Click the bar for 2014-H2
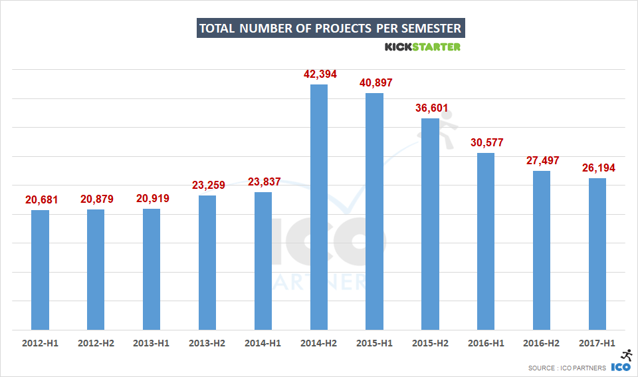(x=319, y=207)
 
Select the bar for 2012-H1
(x=40, y=269)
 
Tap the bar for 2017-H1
(x=597, y=253)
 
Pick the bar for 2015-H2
(x=430, y=223)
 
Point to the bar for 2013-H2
(x=207, y=262)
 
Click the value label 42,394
(x=319, y=74)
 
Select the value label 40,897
(x=375, y=82)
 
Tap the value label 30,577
(x=486, y=142)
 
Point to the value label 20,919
(x=152, y=198)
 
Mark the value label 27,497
(x=542, y=160)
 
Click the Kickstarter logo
(x=423, y=47)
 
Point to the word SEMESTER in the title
(x=428, y=29)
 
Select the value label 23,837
(x=263, y=182)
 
